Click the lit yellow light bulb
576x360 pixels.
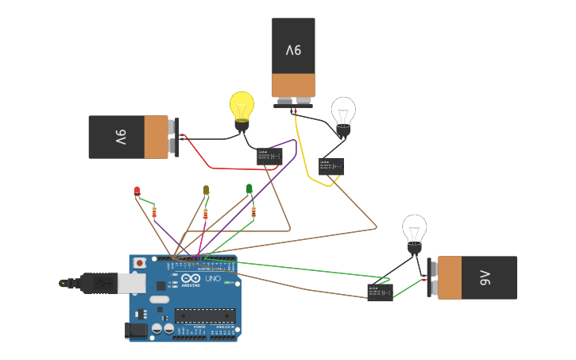(x=242, y=106)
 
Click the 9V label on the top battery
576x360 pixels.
(x=293, y=50)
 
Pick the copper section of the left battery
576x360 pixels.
(x=157, y=137)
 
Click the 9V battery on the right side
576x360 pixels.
(x=477, y=277)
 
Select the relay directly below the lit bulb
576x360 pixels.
(x=269, y=157)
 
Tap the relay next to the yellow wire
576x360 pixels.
(x=331, y=166)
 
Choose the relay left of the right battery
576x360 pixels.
(x=380, y=292)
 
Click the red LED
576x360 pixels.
(x=137, y=191)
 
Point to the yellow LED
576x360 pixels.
(x=206, y=190)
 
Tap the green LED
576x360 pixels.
(x=249, y=189)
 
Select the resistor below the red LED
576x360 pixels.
(x=154, y=211)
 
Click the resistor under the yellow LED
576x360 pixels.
(x=207, y=213)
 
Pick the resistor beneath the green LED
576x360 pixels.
(x=253, y=211)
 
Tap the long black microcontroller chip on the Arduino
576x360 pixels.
(x=205, y=315)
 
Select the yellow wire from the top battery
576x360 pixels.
(x=306, y=163)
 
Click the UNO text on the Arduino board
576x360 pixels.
(x=213, y=279)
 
